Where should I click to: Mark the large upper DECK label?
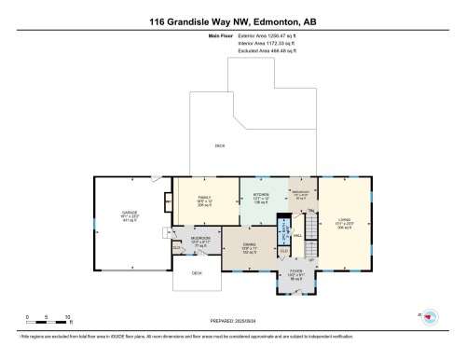coord(219,146)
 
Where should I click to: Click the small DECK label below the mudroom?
coord(197,273)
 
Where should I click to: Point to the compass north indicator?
coord(428,316)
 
